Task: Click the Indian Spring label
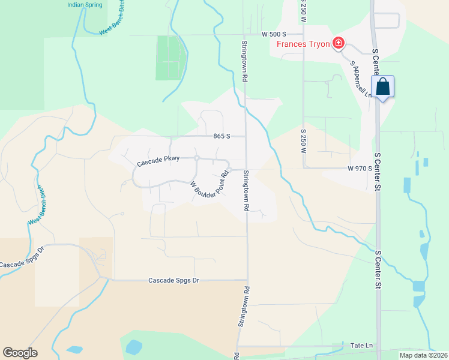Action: tap(84, 5)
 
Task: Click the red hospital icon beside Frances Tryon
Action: tap(339, 43)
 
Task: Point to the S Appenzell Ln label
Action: tap(361, 77)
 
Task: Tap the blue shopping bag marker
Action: tap(382, 87)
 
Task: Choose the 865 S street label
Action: tap(222, 136)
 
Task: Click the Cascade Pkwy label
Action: tap(158, 162)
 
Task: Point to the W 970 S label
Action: tap(360, 169)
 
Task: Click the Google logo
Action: tap(20, 353)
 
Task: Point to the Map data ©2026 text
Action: tap(423, 355)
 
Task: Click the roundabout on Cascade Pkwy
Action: tap(197, 158)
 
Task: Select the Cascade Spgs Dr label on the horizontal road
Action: tap(173, 280)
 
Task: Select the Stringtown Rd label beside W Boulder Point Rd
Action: tap(246, 190)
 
